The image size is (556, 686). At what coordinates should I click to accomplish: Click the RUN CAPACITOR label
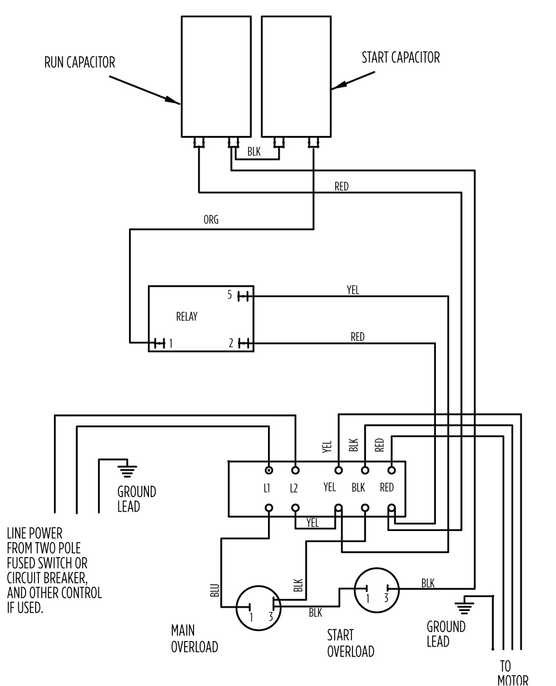click(80, 62)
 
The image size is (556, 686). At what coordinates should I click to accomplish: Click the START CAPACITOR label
click(400, 57)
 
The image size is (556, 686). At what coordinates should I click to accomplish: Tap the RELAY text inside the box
click(186, 317)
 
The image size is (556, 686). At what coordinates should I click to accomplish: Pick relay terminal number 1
click(171, 344)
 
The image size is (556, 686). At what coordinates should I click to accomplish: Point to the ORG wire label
click(211, 220)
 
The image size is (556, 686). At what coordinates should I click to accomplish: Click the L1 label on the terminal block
click(267, 488)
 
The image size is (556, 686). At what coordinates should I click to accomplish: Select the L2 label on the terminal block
click(294, 488)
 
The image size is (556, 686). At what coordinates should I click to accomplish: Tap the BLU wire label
click(215, 590)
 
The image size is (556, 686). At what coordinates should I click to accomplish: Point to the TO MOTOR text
click(512, 673)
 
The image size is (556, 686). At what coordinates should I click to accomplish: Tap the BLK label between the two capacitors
click(254, 151)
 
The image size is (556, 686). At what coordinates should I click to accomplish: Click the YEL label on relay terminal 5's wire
click(353, 290)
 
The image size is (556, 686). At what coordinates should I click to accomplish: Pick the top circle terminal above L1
click(269, 470)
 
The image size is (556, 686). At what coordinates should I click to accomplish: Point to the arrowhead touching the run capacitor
click(175, 102)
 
